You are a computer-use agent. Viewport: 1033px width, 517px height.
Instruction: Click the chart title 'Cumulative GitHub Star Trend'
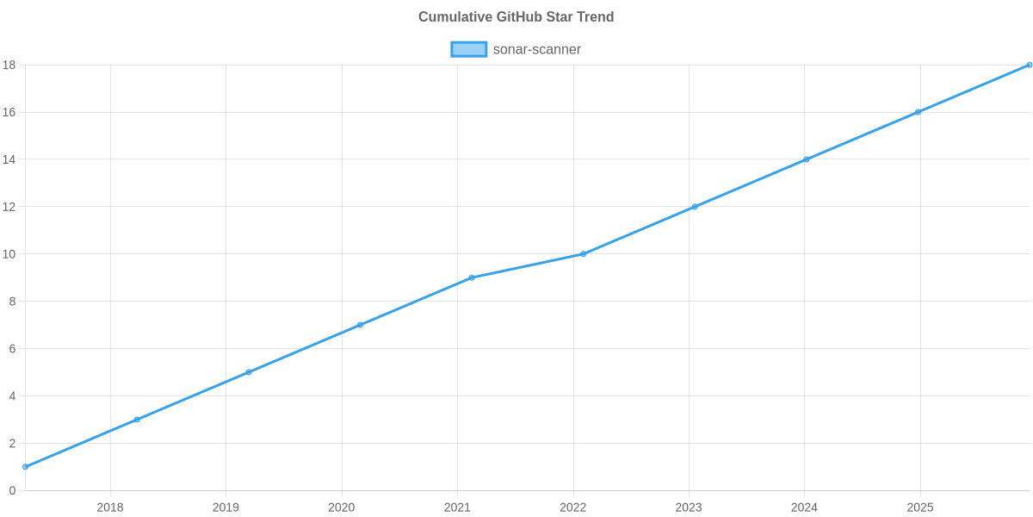point(516,17)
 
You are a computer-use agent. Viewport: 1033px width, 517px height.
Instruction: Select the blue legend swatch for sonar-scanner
point(468,49)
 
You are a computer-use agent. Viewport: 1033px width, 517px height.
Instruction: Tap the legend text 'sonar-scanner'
point(536,49)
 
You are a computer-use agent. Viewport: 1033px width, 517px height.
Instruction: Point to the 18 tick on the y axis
point(9,65)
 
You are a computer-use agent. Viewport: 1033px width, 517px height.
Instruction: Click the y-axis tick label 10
point(9,254)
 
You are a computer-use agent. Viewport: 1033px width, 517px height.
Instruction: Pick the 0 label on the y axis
point(12,490)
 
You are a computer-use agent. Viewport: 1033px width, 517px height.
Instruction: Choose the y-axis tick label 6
point(12,349)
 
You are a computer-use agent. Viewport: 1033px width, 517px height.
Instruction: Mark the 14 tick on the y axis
point(9,159)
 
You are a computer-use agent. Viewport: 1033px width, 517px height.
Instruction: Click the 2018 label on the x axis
point(110,508)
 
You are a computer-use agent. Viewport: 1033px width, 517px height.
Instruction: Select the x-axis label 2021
point(457,508)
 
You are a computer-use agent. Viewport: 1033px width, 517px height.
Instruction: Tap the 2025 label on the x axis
point(919,508)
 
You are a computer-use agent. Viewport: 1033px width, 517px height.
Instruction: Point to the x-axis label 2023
point(689,508)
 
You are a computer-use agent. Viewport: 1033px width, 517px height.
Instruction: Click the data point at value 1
point(26,467)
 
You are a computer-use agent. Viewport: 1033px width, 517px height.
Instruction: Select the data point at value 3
point(137,420)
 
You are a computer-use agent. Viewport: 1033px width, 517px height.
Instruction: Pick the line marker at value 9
point(472,277)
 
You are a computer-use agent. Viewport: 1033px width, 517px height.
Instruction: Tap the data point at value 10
point(583,254)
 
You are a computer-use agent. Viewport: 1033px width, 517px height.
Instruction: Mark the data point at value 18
point(1029,65)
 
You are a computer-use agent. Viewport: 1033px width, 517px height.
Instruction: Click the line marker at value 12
point(695,207)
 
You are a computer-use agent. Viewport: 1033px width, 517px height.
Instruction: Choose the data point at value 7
point(360,325)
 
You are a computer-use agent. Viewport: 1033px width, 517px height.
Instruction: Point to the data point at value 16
point(918,112)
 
